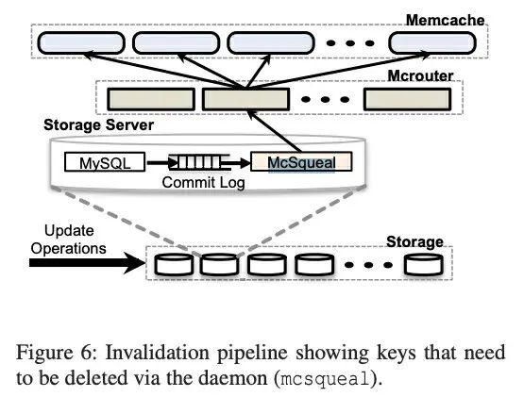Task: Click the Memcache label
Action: tap(445, 21)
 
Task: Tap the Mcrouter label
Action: tap(420, 75)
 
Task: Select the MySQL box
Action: tap(105, 162)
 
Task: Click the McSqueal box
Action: tap(301, 162)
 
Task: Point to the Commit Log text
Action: tap(204, 183)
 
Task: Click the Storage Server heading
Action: tap(98, 124)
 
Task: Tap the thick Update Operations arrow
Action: tap(88, 262)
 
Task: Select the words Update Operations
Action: tap(69, 240)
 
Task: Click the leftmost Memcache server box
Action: tap(81, 43)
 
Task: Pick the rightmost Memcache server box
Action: tap(432, 43)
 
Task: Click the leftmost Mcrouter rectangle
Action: tap(151, 99)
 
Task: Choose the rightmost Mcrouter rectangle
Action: tap(407, 99)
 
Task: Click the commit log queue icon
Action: tap(200, 162)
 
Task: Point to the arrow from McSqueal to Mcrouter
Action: tap(274, 132)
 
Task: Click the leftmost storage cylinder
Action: tap(174, 264)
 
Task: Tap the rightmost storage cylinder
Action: tap(423, 264)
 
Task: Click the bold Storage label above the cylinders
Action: tap(414, 241)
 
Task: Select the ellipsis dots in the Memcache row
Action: tap(350, 43)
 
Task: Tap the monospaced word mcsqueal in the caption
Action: tap(326, 379)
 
